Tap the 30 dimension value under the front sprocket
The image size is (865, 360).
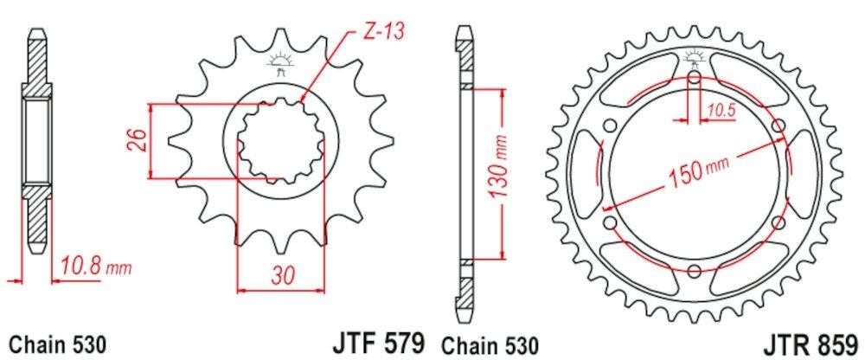(x=279, y=277)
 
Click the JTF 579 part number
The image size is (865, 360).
(x=380, y=343)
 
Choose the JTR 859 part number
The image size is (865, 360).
(x=812, y=343)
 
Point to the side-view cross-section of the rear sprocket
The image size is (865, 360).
(x=465, y=173)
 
